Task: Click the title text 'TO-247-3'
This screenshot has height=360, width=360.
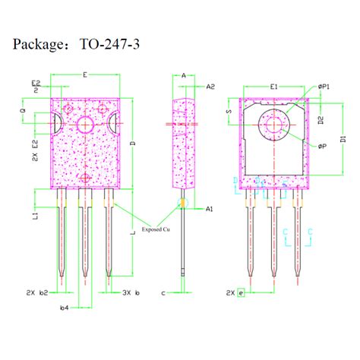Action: pos(110,46)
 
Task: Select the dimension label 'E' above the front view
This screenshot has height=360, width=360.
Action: pos(84,74)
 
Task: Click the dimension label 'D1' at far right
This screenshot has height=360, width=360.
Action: pos(343,139)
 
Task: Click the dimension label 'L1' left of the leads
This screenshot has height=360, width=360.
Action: pos(35,216)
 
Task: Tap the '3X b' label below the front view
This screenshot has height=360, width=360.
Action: pos(131,292)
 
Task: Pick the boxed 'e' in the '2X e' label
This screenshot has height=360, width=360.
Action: pos(241,292)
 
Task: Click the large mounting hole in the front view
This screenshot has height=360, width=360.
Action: pos(84,125)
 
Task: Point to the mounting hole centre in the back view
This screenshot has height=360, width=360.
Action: pos(273,122)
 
